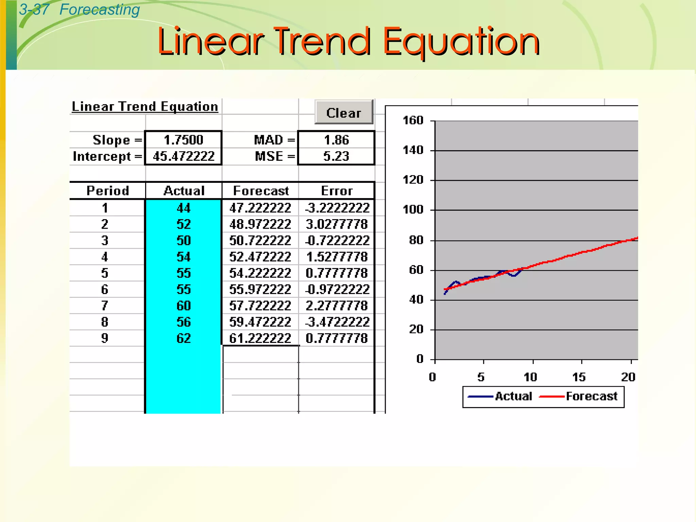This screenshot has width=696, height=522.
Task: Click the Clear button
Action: click(344, 112)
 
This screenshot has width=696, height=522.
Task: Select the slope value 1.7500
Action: click(184, 140)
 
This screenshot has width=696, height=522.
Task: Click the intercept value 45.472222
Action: click(184, 156)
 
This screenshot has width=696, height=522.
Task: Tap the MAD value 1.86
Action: click(336, 140)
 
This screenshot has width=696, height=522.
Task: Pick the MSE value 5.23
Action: click(336, 156)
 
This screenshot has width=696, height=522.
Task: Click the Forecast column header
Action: click(261, 191)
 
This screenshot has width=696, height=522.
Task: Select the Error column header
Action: click(337, 191)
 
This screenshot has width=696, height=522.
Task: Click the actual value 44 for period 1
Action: click(184, 208)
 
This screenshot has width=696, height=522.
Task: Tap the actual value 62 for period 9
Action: click(184, 338)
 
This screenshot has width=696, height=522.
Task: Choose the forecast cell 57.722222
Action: click(260, 306)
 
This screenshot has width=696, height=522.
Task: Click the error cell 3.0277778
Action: click(336, 224)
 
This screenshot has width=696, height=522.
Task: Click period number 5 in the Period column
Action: click(105, 273)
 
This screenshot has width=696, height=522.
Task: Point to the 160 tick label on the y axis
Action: click(413, 120)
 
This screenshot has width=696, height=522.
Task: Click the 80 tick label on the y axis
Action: click(416, 240)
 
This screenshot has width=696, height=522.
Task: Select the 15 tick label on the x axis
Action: click(579, 377)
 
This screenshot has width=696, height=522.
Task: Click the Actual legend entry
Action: click(513, 396)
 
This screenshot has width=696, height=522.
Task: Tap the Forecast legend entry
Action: click(591, 396)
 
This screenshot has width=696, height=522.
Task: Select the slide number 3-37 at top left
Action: click(34, 10)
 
